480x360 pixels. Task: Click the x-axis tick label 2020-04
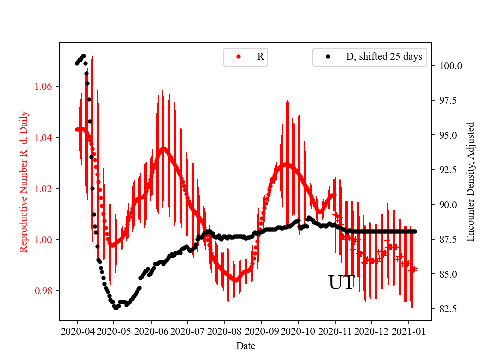coord(77,331)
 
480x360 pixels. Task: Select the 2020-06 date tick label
coord(151,331)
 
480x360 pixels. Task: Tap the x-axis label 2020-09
coord(261,331)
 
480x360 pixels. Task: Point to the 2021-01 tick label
coord(409,331)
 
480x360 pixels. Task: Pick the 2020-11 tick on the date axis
coord(335,331)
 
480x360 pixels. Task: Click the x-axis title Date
coord(245,346)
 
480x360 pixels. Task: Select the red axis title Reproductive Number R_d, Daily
coord(23,181)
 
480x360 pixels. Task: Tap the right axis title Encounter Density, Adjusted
coord(470,181)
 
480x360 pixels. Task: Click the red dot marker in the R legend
coord(238,57)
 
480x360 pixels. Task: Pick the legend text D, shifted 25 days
coord(384,57)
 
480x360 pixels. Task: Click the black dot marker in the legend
coord(328,57)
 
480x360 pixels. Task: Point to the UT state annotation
coord(341,283)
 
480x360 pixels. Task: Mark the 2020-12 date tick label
coord(372,331)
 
